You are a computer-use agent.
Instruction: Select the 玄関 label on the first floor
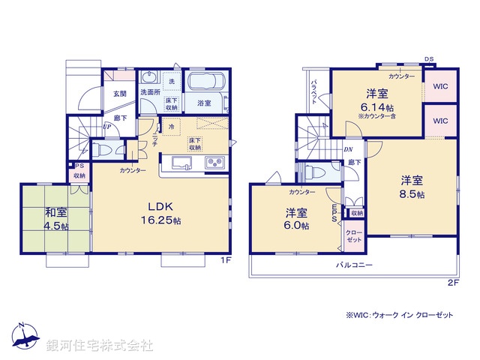click(x=120, y=94)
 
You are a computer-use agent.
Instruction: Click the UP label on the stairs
click(x=107, y=126)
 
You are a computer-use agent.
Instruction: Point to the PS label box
click(x=79, y=166)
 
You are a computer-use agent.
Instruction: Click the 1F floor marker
click(x=226, y=260)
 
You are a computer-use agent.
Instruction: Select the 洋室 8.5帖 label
click(x=410, y=187)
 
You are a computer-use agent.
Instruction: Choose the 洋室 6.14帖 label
click(x=377, y=101)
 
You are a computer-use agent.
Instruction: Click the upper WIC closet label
click(x=439, y=86)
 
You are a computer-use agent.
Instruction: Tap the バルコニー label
click(x=354, y=265)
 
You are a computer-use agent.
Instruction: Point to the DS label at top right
click(x=428, y=58)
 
